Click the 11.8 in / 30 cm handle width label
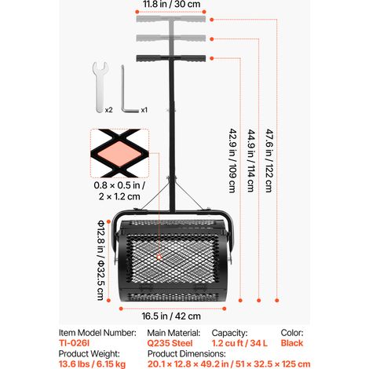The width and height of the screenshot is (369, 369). click(x=171, y=4)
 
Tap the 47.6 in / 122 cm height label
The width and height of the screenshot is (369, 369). click(x=269, y=160)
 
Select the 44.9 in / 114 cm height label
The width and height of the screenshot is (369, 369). click(x=251, y=160)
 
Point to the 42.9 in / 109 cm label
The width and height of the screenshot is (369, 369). click(x=232, y=160)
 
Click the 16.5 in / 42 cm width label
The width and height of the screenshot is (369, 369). click(x=171, y=316)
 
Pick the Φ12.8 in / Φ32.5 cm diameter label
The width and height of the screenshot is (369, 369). click(x=101, y=260)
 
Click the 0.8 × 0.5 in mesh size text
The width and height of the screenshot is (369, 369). click(x=119, y=185)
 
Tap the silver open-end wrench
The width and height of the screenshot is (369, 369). click(x=100, y=87)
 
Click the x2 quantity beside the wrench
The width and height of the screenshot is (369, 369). click(x=109, y=110)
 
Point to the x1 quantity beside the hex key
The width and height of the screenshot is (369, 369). click(x=144, y=110)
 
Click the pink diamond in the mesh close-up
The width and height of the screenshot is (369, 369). click(x=120, y=154)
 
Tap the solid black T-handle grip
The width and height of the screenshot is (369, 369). click(x=171, y=58)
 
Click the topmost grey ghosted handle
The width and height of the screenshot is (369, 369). click(x=171, y=19)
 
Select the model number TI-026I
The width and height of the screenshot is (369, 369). click(x=75, y=343)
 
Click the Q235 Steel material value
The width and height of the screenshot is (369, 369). click(x=170, y=343)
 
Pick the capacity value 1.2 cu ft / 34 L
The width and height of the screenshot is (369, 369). click(x=239, y=343)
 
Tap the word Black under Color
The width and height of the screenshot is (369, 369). click(x=292, y=343)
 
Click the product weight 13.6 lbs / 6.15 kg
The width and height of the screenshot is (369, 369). click(x=92, y=364)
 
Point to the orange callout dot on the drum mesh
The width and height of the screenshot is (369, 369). click(x=159, y=258)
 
